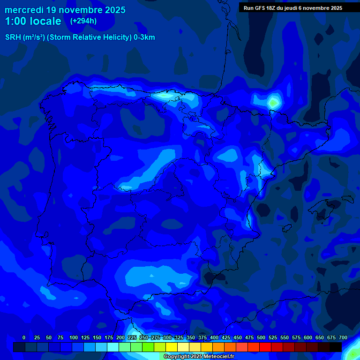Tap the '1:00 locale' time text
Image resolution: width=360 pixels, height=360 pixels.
tap(33, 21)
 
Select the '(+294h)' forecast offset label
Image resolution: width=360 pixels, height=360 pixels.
tap(83, 21)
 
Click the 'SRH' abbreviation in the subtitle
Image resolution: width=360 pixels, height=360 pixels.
tap(13, 37)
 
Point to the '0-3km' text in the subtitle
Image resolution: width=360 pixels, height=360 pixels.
tap(144, 37)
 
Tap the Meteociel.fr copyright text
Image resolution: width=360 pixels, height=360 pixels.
tap(199, 357)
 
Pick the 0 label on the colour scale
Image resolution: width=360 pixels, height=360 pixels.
tap(24, 337)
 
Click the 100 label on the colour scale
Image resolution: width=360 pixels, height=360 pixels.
tap(74, 337)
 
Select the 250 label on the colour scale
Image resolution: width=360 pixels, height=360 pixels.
tap(144, 337)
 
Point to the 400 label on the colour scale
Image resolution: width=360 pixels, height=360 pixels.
tap(214, 337)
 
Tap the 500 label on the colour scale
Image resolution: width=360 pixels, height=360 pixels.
tap(261, 337)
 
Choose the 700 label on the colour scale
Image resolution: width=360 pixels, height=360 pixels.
tap(343, 337)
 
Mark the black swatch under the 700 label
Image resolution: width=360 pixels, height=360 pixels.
tap(336, 347)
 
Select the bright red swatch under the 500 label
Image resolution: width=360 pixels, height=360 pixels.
tap(265, 347)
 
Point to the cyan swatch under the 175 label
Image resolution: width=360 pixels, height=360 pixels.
tap(113, 347)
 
